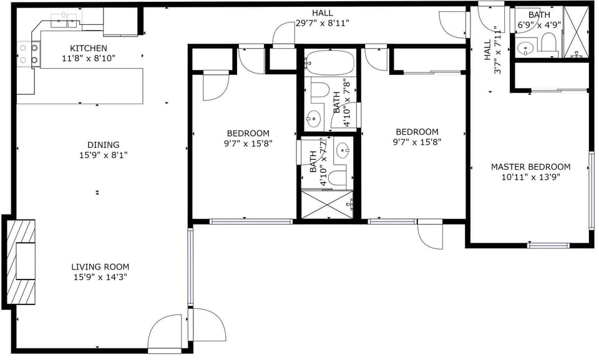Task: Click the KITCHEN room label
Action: point(88,48)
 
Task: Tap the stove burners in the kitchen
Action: point(28,54)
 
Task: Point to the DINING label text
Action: point(103,145)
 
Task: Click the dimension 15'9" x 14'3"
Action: point(100,276)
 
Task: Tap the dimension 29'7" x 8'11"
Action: point(323,23)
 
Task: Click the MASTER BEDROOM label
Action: point(530,167)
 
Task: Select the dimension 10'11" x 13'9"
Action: point(530,177)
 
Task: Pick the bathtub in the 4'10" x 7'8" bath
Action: point(329,62)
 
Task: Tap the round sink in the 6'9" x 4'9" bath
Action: point(525,47)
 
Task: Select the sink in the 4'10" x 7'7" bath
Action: point(342,150)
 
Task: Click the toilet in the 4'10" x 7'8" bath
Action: point(319,90)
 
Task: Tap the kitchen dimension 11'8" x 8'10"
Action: point(88,58)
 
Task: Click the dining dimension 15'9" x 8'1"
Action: point(103,155)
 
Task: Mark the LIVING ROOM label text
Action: point(100,266)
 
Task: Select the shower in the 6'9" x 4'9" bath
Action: point(575,32)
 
